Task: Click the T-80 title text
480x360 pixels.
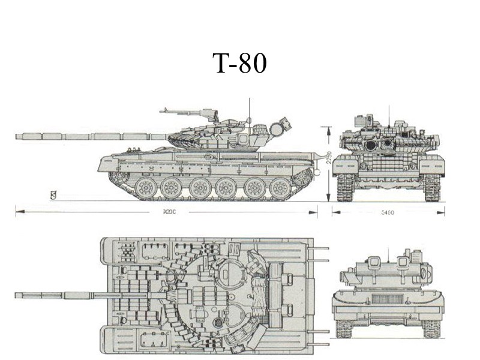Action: pyautogui.click(x=239, y=63)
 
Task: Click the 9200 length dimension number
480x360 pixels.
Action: pyautogui.click(x=161, y=212)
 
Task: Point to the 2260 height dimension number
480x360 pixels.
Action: pyautogui.click(x=328, y=157)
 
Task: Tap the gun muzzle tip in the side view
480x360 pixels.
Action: pyautogui.click(x=17, y=137)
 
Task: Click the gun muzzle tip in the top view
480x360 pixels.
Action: pyautogui.click(x=17, y=295)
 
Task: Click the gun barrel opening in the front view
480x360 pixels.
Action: pyautogui.click(x=371, y=145)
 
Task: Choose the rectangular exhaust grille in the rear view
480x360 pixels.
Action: pyautogui.click(x=388, y=298)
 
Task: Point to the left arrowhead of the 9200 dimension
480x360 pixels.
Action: pyautogui.click(x=19, y=211)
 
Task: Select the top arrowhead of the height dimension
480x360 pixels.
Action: pyautogui.click(x=328, y=128)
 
